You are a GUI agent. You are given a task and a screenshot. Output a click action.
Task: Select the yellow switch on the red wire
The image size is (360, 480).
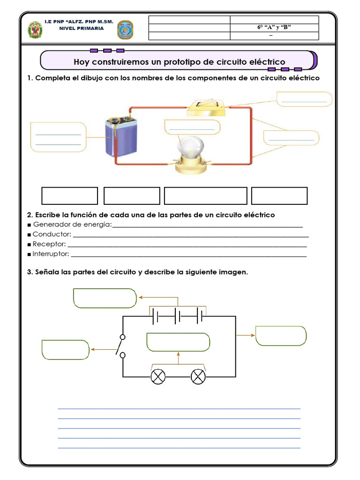click(x=206, y=107)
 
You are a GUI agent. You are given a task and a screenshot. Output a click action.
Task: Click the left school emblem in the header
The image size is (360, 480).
click(x=35, y=30)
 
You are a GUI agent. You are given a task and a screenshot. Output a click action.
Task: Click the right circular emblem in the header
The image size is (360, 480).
click(x=125, y=30)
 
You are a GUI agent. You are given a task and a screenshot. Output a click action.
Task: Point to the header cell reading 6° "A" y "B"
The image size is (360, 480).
click(x=274, y=28)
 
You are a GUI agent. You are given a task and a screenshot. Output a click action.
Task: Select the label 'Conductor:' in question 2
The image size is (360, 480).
click(x=52, y=234)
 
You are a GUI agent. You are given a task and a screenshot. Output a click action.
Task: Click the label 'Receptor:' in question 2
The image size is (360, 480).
click(x=50, y=244)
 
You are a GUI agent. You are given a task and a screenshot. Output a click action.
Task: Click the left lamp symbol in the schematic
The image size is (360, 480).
click(x=158, y=376)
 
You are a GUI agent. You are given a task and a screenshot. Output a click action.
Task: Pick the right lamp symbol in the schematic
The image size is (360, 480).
click(x=199, y=376)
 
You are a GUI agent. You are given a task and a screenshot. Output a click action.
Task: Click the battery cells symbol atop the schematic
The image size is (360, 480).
click(x=179, y=316)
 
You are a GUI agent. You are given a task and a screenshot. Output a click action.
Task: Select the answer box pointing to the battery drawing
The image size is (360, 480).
click(x=58, y=137)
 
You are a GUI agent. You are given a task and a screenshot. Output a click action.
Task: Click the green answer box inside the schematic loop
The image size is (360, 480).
click(x=178, y=342)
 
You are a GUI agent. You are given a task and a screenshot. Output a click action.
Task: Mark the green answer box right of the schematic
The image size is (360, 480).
click(x=281, y=336)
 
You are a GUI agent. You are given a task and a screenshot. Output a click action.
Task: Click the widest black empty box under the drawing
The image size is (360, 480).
click(x=205, y=196)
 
